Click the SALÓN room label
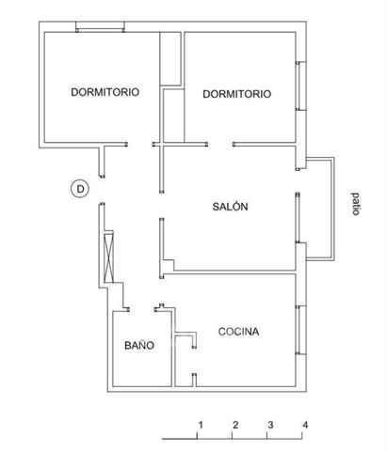pos(230,207)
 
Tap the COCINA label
pos(238,332)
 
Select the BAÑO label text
pos(139,345)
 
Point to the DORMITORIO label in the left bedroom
pos(105,92)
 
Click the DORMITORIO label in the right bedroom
pos(237,94)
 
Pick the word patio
pos(355,204)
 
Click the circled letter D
pos(80,189)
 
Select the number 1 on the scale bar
pos(201,425)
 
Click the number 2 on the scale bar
pos(235,425)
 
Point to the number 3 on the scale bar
pos(270,425)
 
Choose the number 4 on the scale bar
pos(305,425)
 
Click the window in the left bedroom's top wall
pos(101,26)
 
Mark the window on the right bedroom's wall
pos(300,86)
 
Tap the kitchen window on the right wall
pos(300,330)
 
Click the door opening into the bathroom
pos(141,309)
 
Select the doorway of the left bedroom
pos(139,145)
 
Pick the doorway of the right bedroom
pos(220,145)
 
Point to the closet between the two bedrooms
pos(170,58)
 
